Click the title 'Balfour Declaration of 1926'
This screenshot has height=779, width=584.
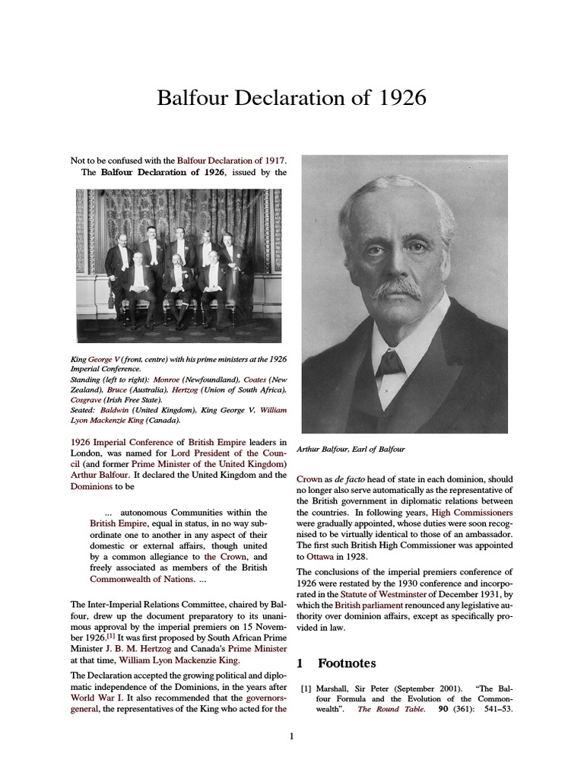(x=291, y=98)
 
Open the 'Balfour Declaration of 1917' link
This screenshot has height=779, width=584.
(x=231, y=161)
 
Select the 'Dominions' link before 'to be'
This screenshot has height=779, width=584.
(x=92, y=486)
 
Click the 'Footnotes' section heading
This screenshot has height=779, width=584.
(x=343, y=663)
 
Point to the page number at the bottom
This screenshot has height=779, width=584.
(x=291, y=736)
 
